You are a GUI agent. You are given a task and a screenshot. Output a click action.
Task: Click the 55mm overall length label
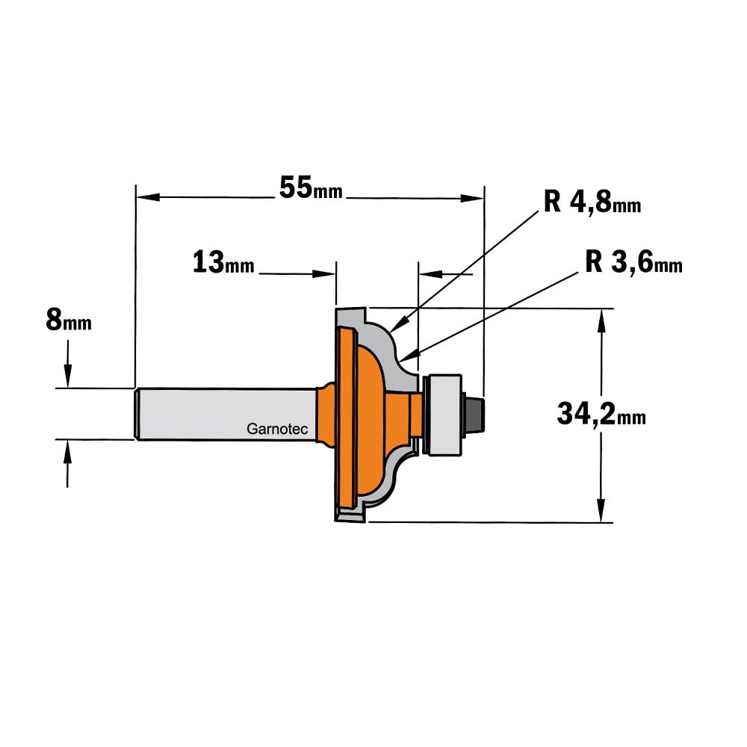coord(311,187)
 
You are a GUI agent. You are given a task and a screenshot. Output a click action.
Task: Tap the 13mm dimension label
coord(223,262)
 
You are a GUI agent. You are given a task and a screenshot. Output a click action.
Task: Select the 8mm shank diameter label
coord(69,320)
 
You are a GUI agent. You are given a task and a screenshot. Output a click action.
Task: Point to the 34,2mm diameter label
coord(601,414)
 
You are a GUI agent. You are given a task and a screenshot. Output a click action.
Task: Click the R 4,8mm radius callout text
coord(592,202)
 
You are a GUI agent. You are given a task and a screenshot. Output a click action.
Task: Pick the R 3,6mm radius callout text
coord(633,262)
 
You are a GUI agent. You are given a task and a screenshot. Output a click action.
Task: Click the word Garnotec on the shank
coord(277,429)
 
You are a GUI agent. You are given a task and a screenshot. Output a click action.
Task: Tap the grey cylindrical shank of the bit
coord(226,414)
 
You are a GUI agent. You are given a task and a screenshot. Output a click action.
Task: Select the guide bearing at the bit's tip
coord(443,415)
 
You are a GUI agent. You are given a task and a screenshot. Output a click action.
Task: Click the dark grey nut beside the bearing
coord(474,415)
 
